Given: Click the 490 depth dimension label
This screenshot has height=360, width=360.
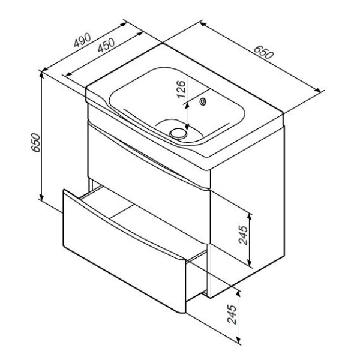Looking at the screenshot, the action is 82,40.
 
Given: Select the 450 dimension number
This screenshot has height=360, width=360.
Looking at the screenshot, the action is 106,45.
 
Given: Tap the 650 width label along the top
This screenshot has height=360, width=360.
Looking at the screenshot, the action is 264,52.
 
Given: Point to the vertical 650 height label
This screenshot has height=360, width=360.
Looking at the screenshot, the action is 36,142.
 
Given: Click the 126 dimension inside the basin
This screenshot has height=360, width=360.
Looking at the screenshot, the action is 181,89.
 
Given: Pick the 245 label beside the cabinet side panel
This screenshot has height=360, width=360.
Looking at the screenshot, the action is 244,235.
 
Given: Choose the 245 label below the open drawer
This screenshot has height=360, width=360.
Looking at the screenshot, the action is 232,314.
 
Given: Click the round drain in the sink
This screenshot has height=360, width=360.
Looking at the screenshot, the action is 178,134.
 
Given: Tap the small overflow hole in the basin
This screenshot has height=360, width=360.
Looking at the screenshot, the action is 203,101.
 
